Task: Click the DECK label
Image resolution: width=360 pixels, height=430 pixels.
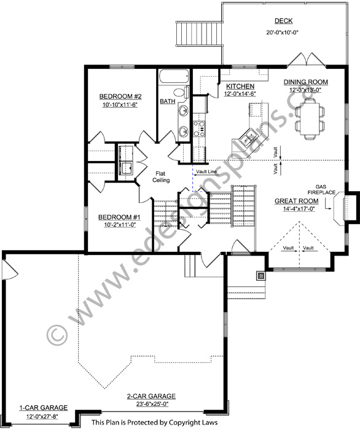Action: [283, 21]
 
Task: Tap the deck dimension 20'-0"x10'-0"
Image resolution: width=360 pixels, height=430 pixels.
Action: [282, 33]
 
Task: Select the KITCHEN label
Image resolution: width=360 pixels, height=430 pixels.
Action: [240, 87]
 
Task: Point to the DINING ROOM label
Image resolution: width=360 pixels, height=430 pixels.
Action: [305, 82]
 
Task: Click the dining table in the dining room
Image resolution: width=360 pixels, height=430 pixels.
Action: [310, 119]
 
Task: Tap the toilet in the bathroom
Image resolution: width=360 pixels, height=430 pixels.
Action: [182, 92]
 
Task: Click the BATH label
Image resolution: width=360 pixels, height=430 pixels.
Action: [168, 101]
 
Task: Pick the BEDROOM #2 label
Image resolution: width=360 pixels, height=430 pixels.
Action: [120, 96]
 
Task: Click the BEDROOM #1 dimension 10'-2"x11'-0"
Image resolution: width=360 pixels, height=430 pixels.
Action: [120, 225]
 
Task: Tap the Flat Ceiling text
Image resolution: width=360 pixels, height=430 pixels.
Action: [161, 177]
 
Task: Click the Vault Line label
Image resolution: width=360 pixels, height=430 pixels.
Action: [206, 172]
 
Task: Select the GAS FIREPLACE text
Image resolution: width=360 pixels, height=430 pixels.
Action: [321, 190]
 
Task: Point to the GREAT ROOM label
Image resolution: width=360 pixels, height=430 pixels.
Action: [296, 201]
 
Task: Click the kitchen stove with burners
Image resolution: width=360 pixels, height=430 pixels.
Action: [199, 129]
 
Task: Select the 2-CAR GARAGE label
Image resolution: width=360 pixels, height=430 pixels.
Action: [151, 396]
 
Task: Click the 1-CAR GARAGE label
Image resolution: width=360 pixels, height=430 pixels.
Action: [44, 408]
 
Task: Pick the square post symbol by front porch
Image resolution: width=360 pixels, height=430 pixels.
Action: [261, 275]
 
